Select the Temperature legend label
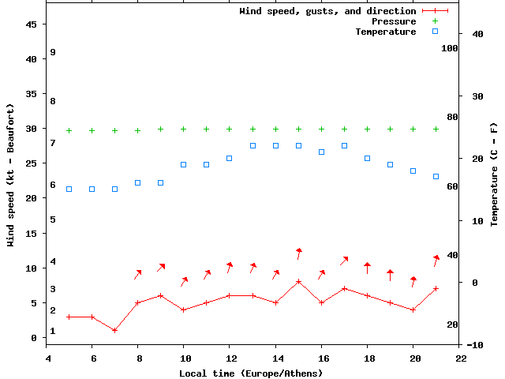pyautogui.click(x=385, y=32)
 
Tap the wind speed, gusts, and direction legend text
pyautogui.click(x=327, y=11)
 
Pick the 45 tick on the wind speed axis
pyautogui.click(x=32, y=24)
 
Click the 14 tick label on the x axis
pyautogui.click(x=275, y=358)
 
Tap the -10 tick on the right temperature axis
pyautogui.click(x=476, y=345)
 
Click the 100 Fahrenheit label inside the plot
pyautogui.click(x=450, y=48)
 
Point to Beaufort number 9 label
pyautogui.click(x=52, y=52)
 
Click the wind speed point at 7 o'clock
pyautogui.click(x=114, y=330)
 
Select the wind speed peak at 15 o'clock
pyautogui.click(x=298, y=282)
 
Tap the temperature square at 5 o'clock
pyautogui.click(x=69, y=189)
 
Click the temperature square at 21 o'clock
pyautogui.click(x=436, y=176)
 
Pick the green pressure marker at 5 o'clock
pyautogui.click(x=69, y=130)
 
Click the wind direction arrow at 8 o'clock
pyautogui.click(x=137, y=274)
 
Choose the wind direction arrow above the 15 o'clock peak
pyautogui.click(x=299, y=253)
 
